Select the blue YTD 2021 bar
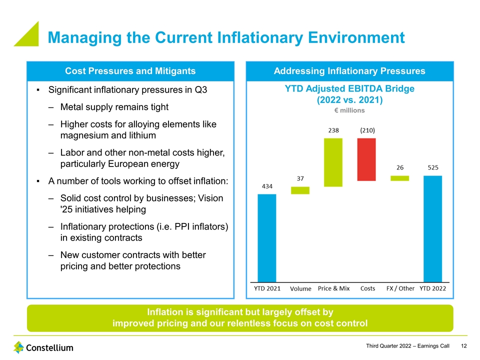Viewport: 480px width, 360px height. coord(266,237)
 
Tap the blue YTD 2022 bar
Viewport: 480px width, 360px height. coord(432,228)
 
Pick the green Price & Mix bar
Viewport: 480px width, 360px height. coord(333,162)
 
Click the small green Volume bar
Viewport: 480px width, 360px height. coord(300,190)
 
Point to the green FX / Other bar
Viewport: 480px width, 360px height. coord(399,178)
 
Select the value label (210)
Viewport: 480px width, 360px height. coord(367,130)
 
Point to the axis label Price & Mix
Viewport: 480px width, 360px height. coord(333,288)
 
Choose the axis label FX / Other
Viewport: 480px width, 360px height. coord(400,288)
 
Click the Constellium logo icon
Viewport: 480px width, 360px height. coord(18,347)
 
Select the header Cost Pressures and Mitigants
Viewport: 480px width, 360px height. coord(130,71)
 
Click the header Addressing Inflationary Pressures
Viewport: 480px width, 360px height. coord(349,71)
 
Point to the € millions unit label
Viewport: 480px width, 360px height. coord(349,110)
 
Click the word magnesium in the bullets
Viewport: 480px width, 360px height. coord(83,135)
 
